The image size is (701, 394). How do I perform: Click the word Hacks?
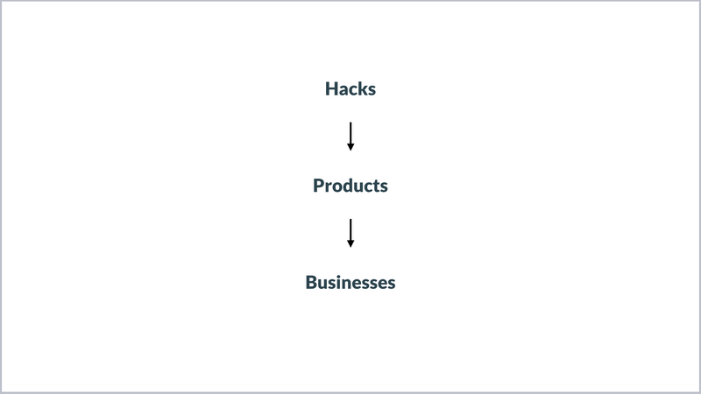click(350, 89)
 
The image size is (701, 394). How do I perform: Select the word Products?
click(350, 186)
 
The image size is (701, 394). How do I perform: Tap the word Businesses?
click(350, 282)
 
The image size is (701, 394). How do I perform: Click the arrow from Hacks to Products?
click(350, 137)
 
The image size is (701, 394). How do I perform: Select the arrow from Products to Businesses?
click(350, 233)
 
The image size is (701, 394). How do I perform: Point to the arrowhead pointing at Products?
click(350, 147)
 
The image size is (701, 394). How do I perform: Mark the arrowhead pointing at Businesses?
click(350, 244)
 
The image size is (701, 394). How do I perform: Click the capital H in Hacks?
click(331, 89)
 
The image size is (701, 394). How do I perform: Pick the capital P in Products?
click(318, 186)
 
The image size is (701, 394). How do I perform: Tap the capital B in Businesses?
click(311, 282)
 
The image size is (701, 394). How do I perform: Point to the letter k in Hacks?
click(363, 88)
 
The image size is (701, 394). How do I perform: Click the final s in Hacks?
click(372, 91)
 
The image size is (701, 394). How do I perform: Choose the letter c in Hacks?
click(353, 91)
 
